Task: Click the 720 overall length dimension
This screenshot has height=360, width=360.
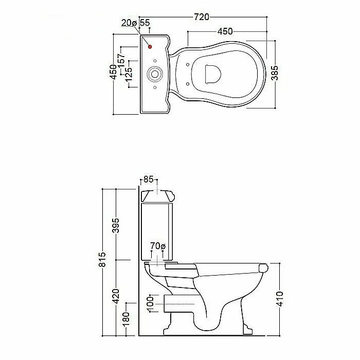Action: pos(202,17)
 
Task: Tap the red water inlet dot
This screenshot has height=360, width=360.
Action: pos(150,47)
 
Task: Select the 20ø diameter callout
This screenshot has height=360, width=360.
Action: pos(129,23)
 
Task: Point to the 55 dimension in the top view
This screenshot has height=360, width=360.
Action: pos(145,23)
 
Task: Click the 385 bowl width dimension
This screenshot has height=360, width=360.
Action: pos(275,73)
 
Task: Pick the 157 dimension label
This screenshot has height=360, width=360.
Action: pos(121,60)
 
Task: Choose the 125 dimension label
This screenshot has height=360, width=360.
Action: pos(129,75)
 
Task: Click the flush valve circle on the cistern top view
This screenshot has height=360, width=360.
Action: pos(154,74)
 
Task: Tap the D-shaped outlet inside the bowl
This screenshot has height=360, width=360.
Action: pos(212,74)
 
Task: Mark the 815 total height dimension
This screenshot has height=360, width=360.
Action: pos(102,259)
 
